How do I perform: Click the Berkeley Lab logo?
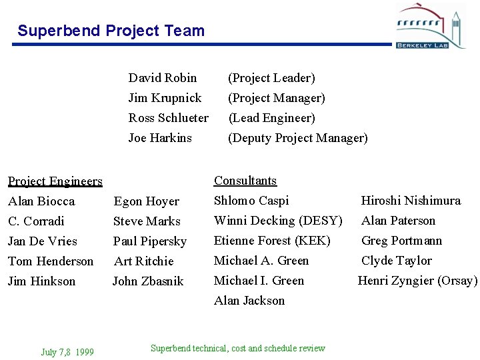[431, 26]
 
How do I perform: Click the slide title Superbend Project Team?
[111, 31]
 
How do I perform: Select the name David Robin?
[162, 78]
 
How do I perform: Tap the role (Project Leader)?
[271, 78]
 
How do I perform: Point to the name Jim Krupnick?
[165, 98]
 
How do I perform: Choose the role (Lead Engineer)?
[271, 118]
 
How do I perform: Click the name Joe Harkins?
[160, 138]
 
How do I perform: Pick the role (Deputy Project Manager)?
[297, 138]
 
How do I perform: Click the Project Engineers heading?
[55, 181]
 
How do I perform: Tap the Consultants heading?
[245, 181]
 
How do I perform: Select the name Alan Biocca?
[41, 201]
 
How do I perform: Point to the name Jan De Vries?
[43, 241]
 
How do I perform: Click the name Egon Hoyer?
[146, 201]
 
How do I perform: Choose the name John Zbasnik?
[147, 281]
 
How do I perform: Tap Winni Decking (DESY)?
[278, 221]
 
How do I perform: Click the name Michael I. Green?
[259, 281]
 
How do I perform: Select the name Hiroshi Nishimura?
[411, 201]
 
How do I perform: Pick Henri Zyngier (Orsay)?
[417, 281]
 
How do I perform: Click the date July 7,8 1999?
[67, 352]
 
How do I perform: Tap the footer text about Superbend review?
[238, 348]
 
